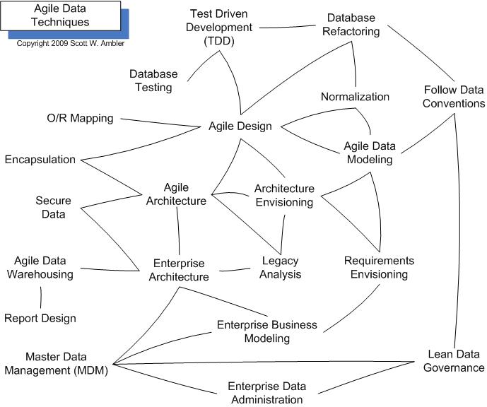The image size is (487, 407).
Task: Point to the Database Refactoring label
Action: point(351,24)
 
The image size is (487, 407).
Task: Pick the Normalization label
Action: point(355,97)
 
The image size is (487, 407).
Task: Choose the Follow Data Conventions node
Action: point(454,97)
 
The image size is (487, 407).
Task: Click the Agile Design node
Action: point(240,126)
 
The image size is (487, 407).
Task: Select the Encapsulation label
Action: point(40,159)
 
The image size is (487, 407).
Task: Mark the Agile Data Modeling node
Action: point(368,153)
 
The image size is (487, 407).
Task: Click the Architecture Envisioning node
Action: point(283,195)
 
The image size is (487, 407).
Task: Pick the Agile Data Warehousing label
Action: point(40,267)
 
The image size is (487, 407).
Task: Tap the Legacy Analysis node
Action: point(281,267)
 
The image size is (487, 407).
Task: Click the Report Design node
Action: point(40,318)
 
